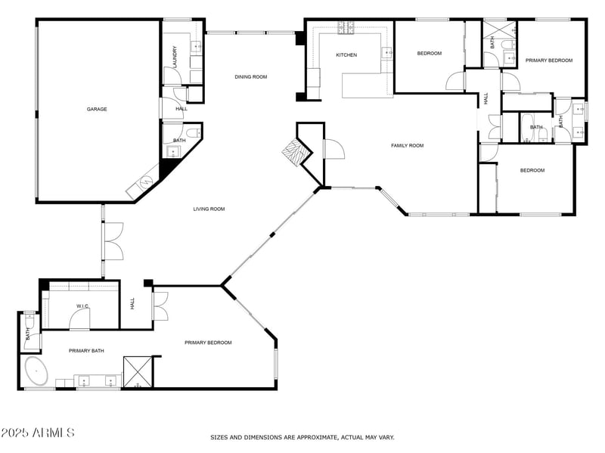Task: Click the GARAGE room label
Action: click(x=97, y=109)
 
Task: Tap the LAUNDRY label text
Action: click(x=175, y=57)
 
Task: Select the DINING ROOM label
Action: click(x=250, y=76)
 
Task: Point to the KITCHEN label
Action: click(x=346, y=55)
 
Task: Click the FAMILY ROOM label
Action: click(x=407, y=145)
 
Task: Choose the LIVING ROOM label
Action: click(x=209, y=209)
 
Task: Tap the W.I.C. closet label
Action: click(x=83, y=306)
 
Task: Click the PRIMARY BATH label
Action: click(x=86, y=351)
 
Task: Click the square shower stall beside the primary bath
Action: click(x=138, y=371)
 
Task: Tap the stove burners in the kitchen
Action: click(x=346, y=28)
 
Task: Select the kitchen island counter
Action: click(x=366, y=84)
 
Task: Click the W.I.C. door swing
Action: click(x=79, y=321)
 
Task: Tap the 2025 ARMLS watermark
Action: click(x=38, y=433)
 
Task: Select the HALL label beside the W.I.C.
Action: click(x=132, y=303)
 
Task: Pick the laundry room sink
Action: click(x=197, y=47)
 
